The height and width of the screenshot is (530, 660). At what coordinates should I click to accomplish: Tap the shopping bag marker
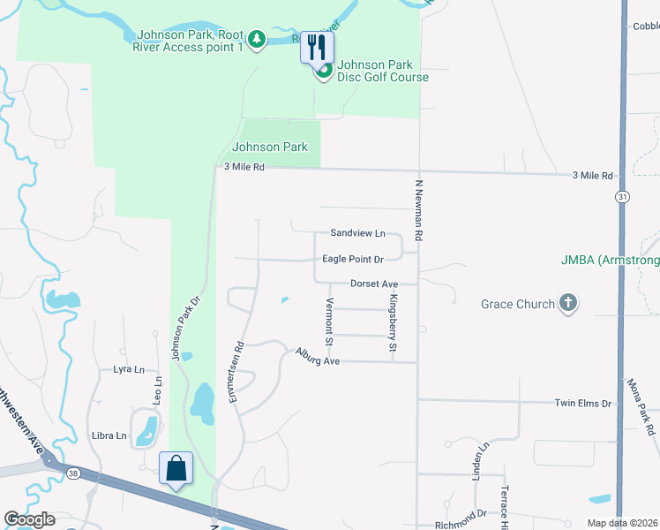pos(176,467)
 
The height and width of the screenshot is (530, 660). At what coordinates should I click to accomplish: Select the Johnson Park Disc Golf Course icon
pos(324,70)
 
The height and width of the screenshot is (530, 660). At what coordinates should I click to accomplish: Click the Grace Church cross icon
pos(568,304)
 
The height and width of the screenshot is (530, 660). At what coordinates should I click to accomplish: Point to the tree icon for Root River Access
pos(256,39)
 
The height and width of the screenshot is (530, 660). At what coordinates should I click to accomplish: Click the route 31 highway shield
pos(624,196)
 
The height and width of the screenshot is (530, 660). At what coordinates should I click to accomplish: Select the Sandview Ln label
pos(358,233)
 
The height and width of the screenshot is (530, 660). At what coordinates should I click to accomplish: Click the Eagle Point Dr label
pos(353,260)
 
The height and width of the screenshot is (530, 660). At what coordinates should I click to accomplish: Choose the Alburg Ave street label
pos(318,356)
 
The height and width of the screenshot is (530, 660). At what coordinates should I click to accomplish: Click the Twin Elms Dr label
pos(582,403)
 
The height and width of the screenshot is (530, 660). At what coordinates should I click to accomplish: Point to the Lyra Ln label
pos(128,369)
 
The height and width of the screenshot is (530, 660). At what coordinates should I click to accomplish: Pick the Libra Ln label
pos(109,436)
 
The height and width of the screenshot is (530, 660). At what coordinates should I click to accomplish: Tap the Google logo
pos(29,519)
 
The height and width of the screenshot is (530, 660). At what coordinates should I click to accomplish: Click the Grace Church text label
pos(518,304)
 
